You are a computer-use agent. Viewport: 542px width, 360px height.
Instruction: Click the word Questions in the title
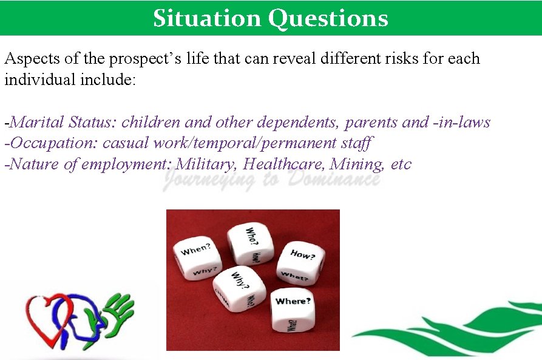pyautogui.click(x=328, y=18)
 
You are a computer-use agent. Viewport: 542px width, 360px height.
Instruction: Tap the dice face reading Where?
pyautogui.click(x=293, y=302)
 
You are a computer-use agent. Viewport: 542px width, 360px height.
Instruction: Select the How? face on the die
pyautogui.click(x=303, y=254)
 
